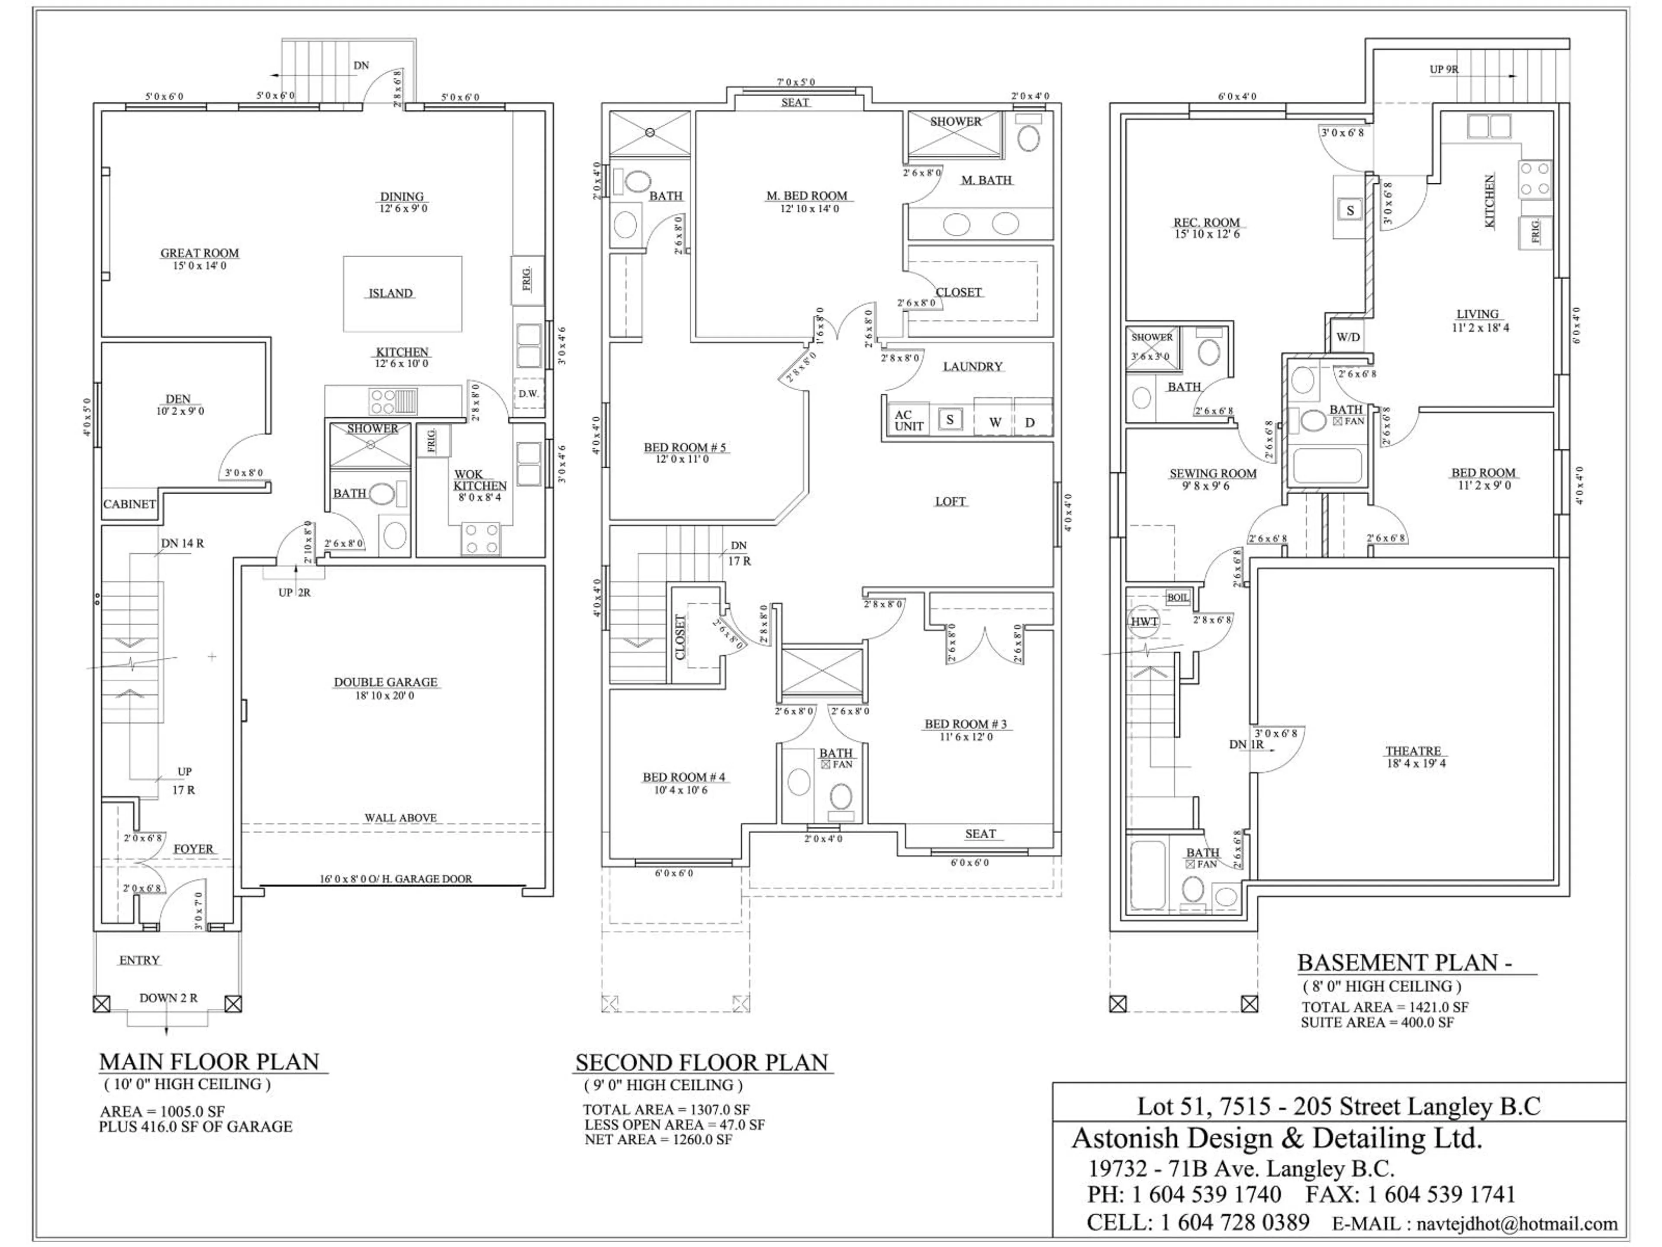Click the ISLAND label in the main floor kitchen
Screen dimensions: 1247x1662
click(x=390, y=293)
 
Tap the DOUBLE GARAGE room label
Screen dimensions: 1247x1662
click(x=386, y=682)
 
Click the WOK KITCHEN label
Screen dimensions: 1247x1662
click(x=480, y=480)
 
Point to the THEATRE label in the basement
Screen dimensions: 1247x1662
click(x=1413, y=751)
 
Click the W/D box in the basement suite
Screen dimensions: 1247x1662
click(x=1347, y=337)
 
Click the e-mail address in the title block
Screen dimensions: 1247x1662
click(x=1516, y=1224)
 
